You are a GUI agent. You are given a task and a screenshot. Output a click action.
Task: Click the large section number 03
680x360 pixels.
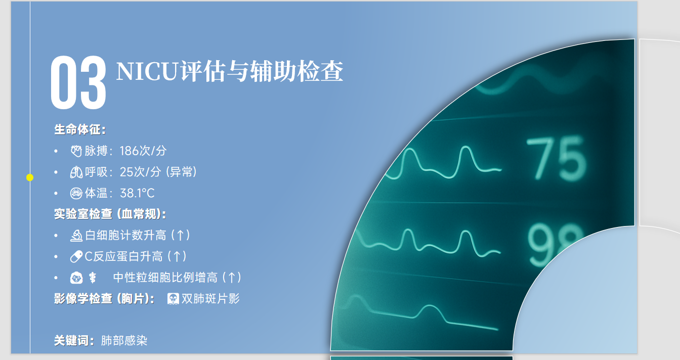[x=78, y=82]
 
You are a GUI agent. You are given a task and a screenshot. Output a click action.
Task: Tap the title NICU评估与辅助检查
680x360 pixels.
[x=230, y=71]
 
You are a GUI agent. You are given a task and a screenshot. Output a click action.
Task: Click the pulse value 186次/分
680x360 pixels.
[x=143, y=151]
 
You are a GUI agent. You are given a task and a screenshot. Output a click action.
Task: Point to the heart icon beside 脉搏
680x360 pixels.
[x=76, y=151]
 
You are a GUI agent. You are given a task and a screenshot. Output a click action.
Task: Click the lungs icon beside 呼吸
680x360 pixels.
[x=76, y=172]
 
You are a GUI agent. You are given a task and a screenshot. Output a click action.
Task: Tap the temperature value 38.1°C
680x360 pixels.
[x=137, y=193]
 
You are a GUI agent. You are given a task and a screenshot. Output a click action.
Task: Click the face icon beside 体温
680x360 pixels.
[x=76, y=193]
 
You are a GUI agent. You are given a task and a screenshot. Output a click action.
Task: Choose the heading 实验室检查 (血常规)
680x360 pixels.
[x=110, y=214]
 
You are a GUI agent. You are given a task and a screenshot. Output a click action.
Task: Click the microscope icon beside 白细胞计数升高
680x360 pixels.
[x=76, y=235]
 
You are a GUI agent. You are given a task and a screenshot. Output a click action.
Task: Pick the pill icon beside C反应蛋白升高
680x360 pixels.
[x=76, y=256]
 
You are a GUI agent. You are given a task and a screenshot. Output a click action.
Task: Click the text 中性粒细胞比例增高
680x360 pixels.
[x=165, y=278]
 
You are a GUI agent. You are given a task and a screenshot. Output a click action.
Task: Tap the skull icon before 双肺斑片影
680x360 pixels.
[x=173, y=299]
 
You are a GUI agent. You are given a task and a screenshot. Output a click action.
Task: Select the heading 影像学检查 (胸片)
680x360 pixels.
[x=104, y=299]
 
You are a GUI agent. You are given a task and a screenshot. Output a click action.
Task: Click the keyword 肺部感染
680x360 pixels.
[x=124, y=341]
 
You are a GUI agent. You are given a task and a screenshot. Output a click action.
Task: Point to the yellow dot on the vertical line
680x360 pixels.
[x=30, y=177]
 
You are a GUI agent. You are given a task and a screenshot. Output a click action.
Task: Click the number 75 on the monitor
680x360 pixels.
[x=556, y=159]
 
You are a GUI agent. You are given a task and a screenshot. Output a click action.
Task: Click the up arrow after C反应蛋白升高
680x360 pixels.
[x=177, y=256]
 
